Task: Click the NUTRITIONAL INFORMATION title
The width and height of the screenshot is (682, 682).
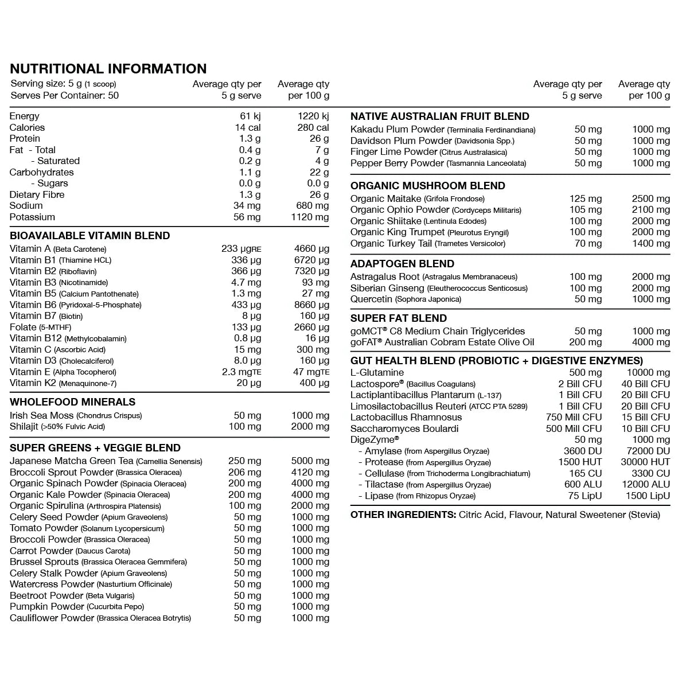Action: pyautogui.click(x=108, y=69)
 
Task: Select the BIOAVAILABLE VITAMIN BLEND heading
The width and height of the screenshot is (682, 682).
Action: pyautogui.click(x=89, y=236)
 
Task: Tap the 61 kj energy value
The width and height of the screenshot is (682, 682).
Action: pyautogui.click(x=250, y=116)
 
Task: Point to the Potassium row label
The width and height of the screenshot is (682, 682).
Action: pyautogui.click(x=32, y=217)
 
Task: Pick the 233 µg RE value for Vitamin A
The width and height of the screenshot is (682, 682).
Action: pyautogui.click(x=241, y=249)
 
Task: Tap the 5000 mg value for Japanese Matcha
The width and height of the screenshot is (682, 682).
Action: pyautogui.click(x=310, y=461)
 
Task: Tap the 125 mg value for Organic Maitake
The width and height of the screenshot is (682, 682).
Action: pyautogui.click(x=585, y=198)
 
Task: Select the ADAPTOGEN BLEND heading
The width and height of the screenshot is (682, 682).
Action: pyautogui.click(x=402, y=264)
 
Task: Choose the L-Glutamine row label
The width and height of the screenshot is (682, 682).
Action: pyautogui.click(x=377, y=372)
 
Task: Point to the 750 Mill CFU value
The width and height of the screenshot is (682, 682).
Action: pyautogui.click(x=574, y=417)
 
